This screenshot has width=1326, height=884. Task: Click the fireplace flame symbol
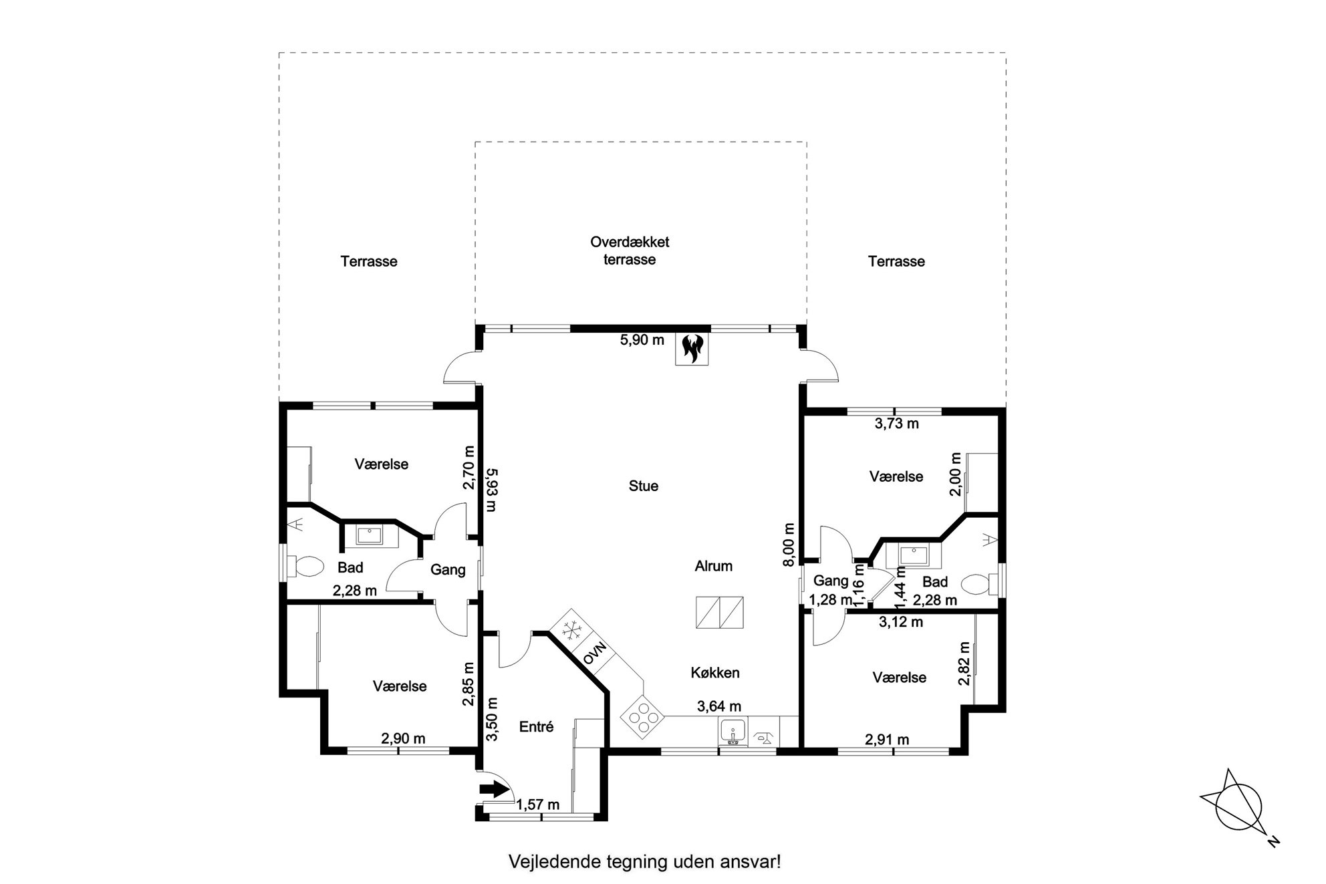click(692, 348)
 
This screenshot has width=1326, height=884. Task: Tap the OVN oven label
click(594, 652)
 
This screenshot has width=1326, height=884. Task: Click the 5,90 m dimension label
click(642, 339)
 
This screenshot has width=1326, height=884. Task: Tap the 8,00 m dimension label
click(789, 545)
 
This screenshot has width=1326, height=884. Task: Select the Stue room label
click(644, 486)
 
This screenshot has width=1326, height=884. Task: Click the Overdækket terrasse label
click(630, 251)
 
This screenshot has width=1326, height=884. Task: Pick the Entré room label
click(537, 727)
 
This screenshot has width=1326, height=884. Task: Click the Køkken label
click(715, 673)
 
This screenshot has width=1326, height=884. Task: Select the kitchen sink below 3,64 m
click(734, 732)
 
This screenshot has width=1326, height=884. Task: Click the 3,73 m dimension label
click(897, 423)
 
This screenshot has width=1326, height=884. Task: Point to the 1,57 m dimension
click(537, 804)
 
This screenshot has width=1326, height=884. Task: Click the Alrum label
click(714, 566)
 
